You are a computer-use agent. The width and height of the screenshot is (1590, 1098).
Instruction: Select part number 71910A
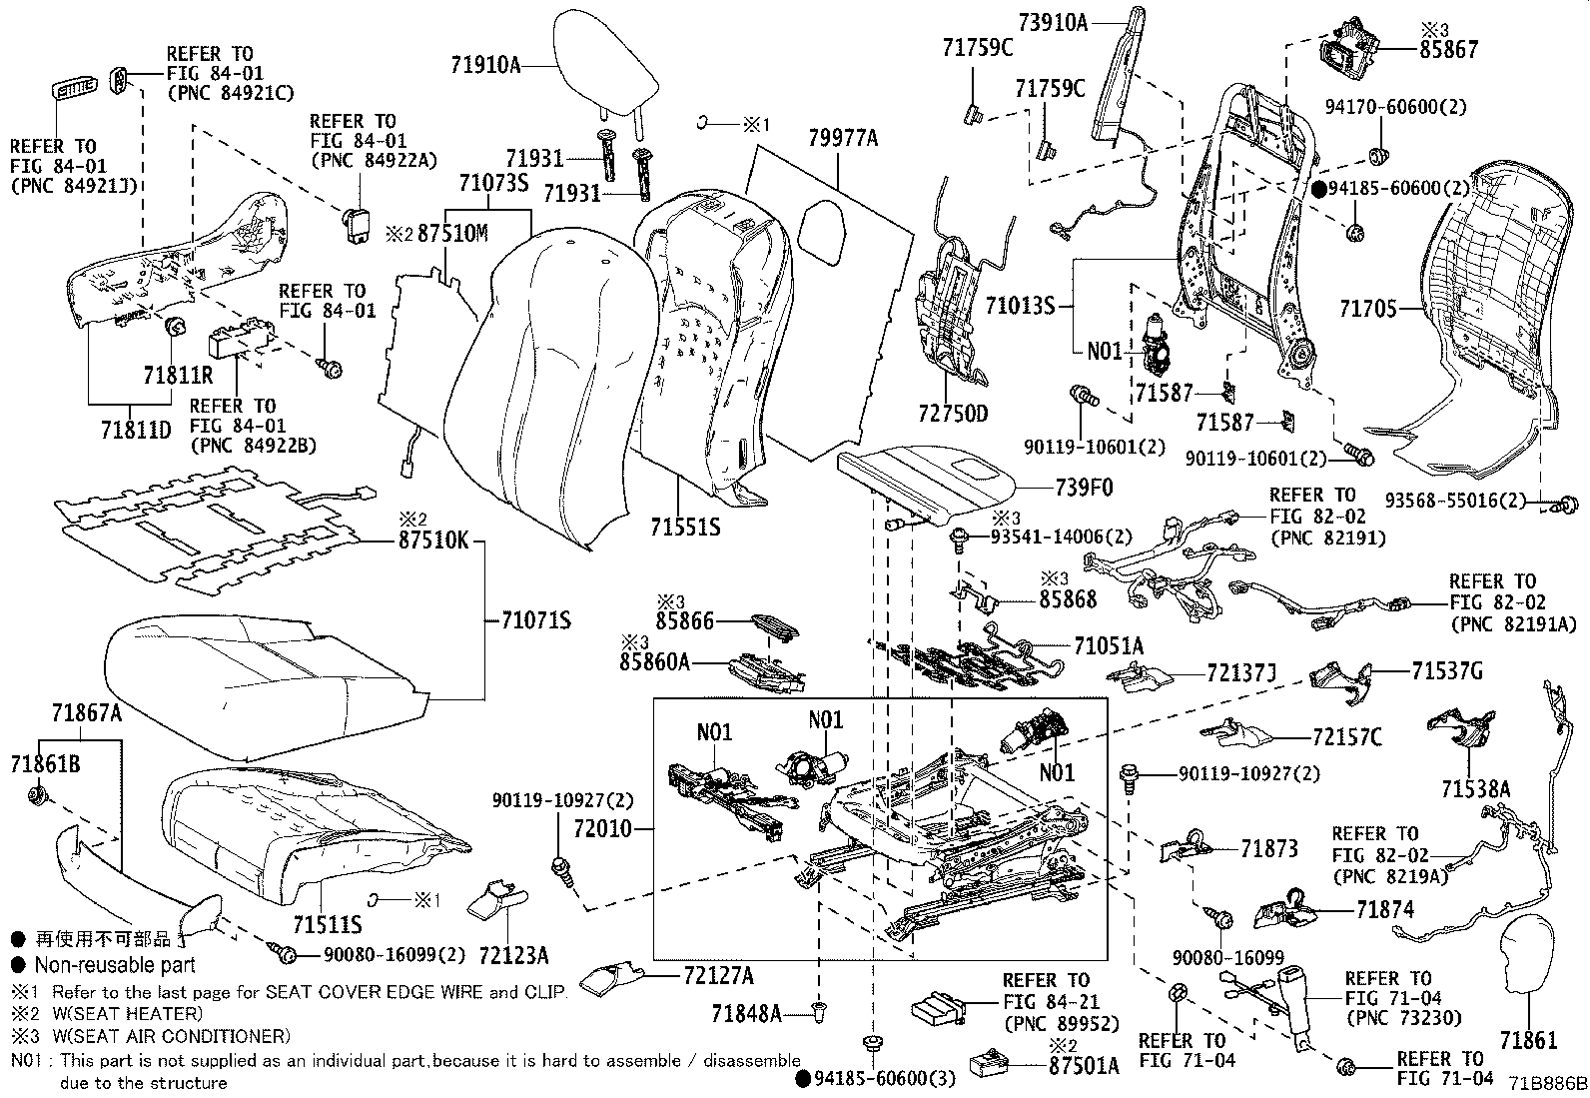click(x=484, y=66)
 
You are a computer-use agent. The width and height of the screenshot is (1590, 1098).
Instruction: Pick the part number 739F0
click(x=1084, y=487)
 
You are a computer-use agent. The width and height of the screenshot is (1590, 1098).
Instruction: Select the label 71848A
click(x=747, y=1014)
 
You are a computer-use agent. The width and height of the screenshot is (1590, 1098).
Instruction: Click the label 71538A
click(x=1475, y=789)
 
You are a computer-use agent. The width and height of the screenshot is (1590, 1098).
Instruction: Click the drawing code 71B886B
click(x=1547, y=1084)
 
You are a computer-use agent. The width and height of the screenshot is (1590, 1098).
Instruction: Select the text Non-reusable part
click(x=115, y=965)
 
